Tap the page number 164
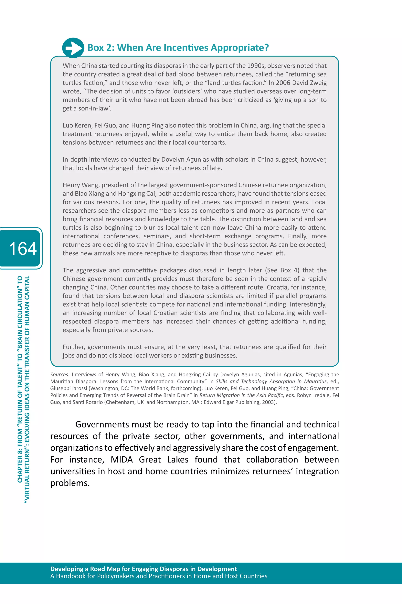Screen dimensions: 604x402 pos(23,248)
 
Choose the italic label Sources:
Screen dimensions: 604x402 pos(60,374)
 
